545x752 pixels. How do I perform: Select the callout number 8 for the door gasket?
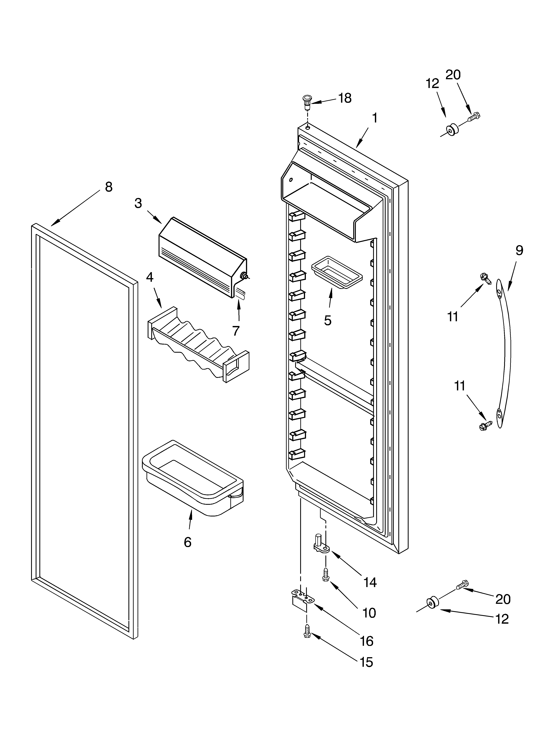point(109,187)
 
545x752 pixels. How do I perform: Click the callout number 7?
point(236,331)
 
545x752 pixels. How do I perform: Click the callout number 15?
point(366,662)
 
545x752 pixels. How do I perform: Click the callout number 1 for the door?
point(374,118)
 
